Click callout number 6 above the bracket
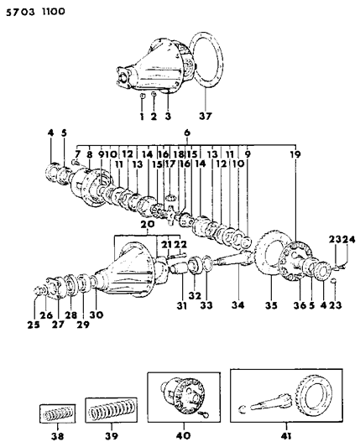tap(186, 133)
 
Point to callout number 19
tap(295, 154)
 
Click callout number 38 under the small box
tap(57, 435)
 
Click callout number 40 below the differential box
tap(183, 435)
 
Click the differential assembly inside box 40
tap(180, 398)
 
